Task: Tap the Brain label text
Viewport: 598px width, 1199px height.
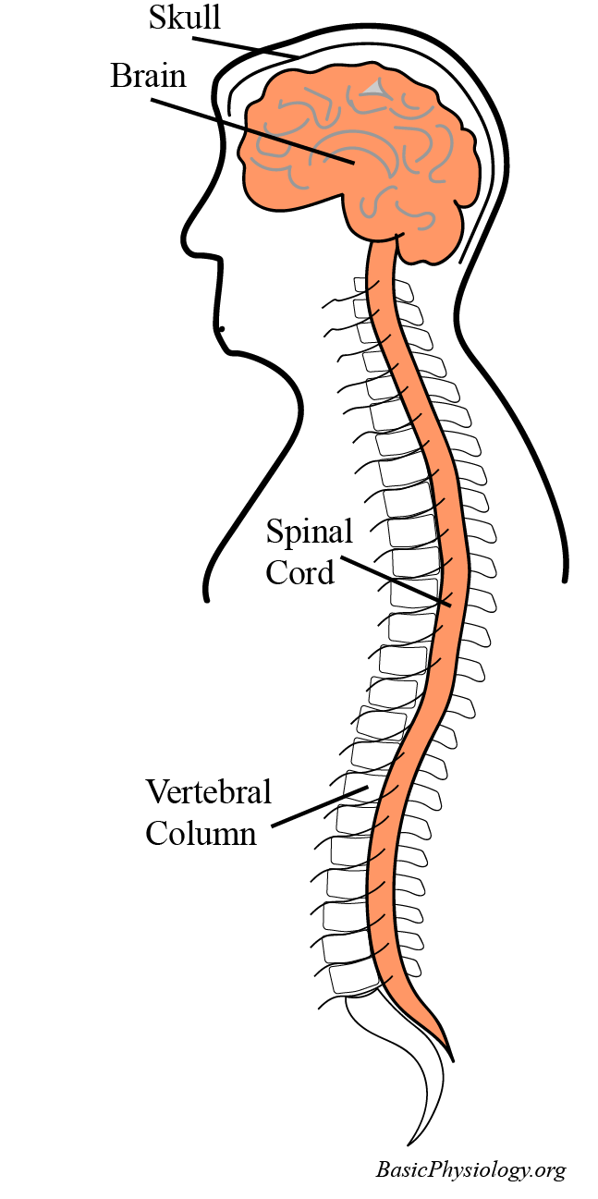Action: [x=148, y=75]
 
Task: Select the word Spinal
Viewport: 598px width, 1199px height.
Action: [x=310, y=532]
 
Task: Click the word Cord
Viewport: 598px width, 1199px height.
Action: [x=299, y=572]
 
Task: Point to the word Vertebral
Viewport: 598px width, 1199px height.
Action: [x=209, y=792]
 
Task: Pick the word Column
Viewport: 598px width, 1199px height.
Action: [x=201, y=833]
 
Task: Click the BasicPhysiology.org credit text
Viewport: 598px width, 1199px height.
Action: [x=470, y=1169]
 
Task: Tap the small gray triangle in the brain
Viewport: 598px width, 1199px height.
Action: [x=373, y=88]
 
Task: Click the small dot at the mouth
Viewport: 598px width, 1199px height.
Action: [x=222, y=328]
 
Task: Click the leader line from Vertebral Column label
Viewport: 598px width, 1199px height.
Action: [x=319, y=806]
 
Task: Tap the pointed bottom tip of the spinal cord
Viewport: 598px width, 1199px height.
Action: [x=450, y=1052]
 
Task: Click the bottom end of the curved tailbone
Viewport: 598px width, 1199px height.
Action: [x=409, y=1144]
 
